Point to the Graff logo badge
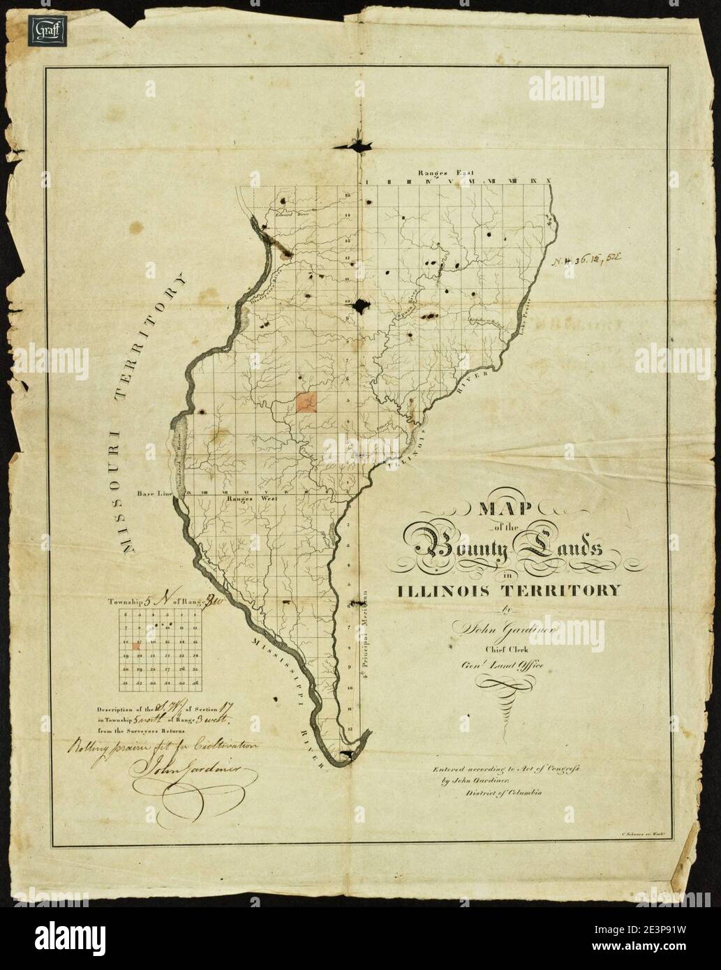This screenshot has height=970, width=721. click(x=43, y=32)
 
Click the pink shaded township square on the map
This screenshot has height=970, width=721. click(x=306, y=402)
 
